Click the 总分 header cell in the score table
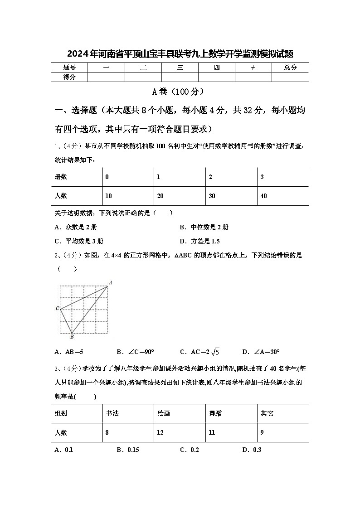pyautogui.click(x=290, y=68)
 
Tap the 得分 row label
pyautogui.click(x=69, y=77)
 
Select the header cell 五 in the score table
pyautogui.click(x=253, y=68)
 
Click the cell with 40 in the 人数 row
pyautogui.click(x=264, y=196)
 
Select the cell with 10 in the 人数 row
pyautogui.click(x=108, y=196)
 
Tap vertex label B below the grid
pyautogui.click(x=72, y=337)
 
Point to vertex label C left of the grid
pyautogui.click(x=57, y=309)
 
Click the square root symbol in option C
pyautogui.click(x=215, y=352)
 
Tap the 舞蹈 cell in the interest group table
pyautogui.click(x=215, y=413)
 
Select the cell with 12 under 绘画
pyautogui.click(x=161, y=432)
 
